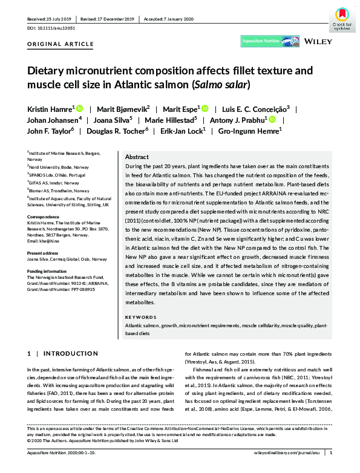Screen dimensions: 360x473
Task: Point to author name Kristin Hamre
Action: click(x=50, y=108)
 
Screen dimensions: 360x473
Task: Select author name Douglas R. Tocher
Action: click(x=117, y=130)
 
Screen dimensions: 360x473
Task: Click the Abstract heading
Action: click(x=137, y=156)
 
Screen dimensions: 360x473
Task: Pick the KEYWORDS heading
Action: click(x=140, y=317)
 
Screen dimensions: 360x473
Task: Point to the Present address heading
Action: click(x=45, y=253)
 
